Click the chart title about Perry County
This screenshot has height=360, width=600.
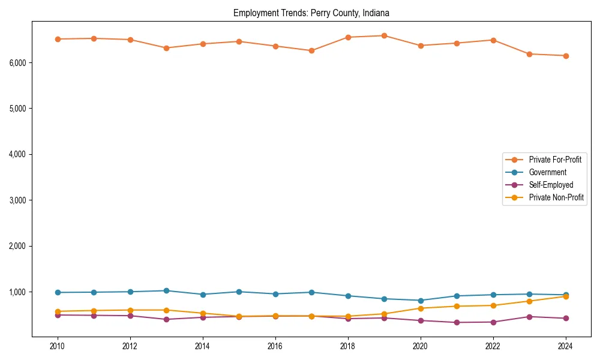(x=311, y=13)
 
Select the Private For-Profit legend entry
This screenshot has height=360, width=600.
(x=555, y=160)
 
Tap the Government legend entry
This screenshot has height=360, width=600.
(x=547, y=172)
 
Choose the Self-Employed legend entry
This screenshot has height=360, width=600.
(x=551, y=185)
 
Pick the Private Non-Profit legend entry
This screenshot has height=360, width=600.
(x=556, y=197)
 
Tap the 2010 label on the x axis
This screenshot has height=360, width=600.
(x=58, y=346)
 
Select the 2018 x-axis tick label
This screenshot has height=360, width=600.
(x=348, y=346)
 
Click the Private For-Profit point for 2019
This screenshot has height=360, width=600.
(x=384, y=35)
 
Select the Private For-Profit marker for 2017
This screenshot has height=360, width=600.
(x=311, y=50)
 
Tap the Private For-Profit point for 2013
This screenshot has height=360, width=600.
(x=166, y=48)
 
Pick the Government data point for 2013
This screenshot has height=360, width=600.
(x=166, y=290)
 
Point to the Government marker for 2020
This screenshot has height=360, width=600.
(x=421, y=301)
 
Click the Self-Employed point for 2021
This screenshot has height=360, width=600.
(x=457, y=322)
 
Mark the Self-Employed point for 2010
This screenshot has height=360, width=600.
(x=58, y=315)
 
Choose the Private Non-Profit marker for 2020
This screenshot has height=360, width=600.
(x=421, y=308)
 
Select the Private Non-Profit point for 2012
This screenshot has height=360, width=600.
(x=130, y=310)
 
